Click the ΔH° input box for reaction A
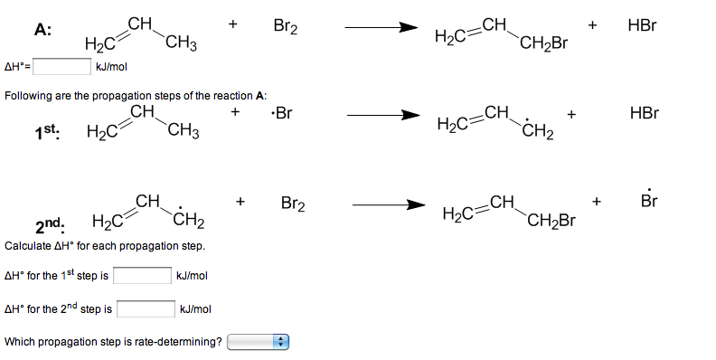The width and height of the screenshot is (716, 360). [x=61, y=65]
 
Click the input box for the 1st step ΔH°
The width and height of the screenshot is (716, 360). [x=143, y=275]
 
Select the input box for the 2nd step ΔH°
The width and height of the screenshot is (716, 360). [x=146, y=309]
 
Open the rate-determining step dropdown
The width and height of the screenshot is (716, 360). [x=257, y=342]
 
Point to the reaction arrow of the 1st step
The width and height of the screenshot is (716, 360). [x=383, y=115]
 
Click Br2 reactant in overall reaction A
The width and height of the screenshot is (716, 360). [x=286, y=28]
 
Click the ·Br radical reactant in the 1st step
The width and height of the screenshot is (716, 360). [x=282, y=114]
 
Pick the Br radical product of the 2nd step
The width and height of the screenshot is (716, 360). [x=649, y=200]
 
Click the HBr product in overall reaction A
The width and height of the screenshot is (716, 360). [x=641, y=27]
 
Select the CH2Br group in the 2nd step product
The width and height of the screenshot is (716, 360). [x=551, y=220]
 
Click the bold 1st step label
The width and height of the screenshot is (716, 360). [x=47, y=132]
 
